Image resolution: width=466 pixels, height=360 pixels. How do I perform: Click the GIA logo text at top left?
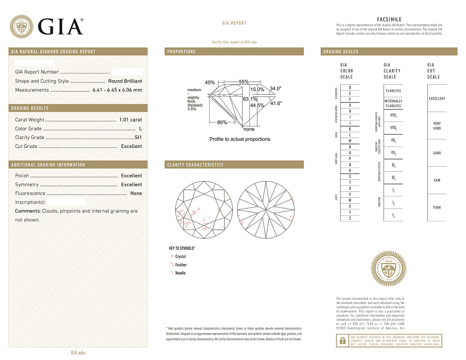(61, 27)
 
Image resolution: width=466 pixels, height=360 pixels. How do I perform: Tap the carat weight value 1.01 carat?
(131, 120)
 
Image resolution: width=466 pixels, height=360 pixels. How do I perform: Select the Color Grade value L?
(140, 129)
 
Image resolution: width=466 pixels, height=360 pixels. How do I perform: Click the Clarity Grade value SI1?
(138, 138)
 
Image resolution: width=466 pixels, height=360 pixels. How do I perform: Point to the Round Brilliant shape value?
(125, 81)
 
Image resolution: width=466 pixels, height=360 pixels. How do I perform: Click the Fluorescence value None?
(136, 194)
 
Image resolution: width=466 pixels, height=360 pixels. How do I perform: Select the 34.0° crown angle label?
(276, 89)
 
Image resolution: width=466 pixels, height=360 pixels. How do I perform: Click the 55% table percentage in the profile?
(244, 82)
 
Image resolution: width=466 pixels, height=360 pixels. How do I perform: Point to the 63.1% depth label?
(250, 99)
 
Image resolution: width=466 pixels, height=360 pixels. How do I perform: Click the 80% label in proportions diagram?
(222, 122)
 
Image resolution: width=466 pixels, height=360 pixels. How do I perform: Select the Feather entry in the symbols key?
(180, 265)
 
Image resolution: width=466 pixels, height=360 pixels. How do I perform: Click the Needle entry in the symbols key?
(180, 273)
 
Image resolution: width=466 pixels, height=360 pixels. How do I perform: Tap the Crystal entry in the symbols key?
(180, 257)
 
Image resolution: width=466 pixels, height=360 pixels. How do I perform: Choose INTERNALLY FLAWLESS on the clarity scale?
(393, 104)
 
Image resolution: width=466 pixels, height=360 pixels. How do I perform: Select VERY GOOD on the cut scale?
(437, 126)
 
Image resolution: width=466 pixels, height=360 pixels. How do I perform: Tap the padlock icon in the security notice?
(341, 341)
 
